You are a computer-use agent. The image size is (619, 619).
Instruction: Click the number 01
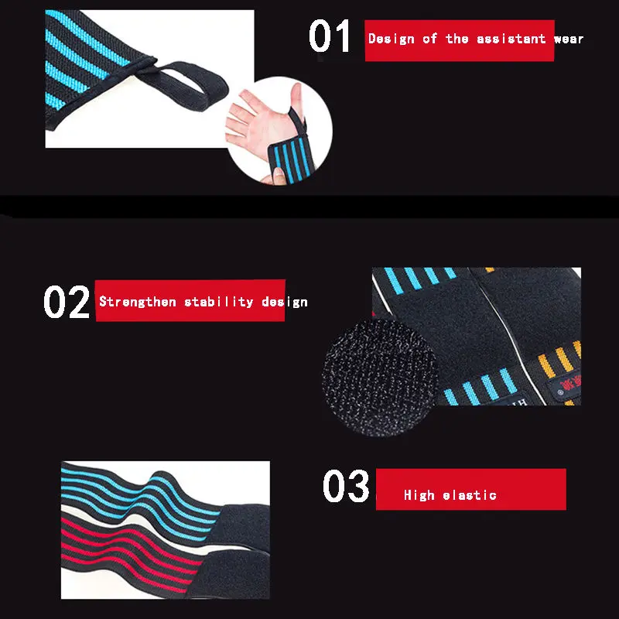click(330, 36)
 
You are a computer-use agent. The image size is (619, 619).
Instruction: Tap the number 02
click(67, 302)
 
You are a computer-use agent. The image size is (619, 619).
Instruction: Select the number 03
click(346, 486)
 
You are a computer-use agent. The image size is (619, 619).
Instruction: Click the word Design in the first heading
click(392, 39)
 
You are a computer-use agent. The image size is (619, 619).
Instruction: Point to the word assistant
click(511, 39)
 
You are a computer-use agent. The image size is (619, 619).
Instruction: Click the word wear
click(569, 39)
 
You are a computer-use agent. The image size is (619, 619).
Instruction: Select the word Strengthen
click(138, 302)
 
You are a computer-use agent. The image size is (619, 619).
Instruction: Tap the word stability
click(219, 302)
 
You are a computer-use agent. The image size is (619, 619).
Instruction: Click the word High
click(419, 494)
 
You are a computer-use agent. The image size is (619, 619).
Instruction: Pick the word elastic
click(470, 494)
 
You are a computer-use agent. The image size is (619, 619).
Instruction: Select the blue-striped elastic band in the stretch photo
click(139, 498)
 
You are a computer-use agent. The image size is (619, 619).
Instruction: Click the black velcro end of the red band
click(231, 574)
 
